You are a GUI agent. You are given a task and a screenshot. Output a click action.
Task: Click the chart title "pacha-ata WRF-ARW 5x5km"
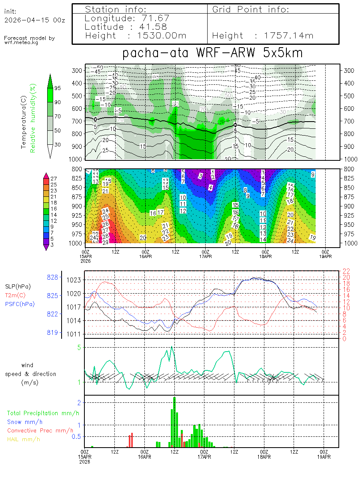pos(212,53)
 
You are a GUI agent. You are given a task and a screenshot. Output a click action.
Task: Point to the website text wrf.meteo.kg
pos(21,42)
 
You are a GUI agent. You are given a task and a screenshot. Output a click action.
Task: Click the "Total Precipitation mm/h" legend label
pos(40,413)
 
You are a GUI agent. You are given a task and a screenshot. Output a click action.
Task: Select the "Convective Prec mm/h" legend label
pos(40,430)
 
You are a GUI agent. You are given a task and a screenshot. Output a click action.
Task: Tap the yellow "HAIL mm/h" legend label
pos(24,439)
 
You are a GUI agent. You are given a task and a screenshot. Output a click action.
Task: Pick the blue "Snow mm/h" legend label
pos(25,422)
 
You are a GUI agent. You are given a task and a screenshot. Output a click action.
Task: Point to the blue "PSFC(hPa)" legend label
pos(20,304)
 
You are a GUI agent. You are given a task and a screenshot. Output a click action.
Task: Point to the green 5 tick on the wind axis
pos(80,347)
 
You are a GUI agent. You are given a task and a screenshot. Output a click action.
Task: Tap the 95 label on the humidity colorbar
pos(58,88)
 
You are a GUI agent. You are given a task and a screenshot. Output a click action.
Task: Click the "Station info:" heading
pos(116,9)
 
